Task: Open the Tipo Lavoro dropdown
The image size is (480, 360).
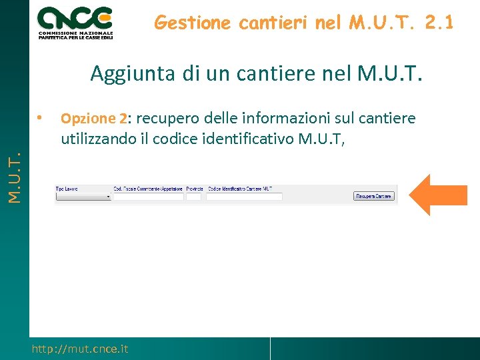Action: click(83, 197)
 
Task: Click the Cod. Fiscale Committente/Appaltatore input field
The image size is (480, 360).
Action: click(148, 197)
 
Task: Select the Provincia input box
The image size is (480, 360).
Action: click(193, 197)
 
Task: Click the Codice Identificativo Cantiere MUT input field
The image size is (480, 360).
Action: click(244, 197)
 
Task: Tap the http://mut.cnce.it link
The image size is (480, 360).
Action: click(80, 349)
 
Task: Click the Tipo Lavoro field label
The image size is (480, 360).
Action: click(67, 189)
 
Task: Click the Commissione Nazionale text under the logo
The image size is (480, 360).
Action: click(75, 33)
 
